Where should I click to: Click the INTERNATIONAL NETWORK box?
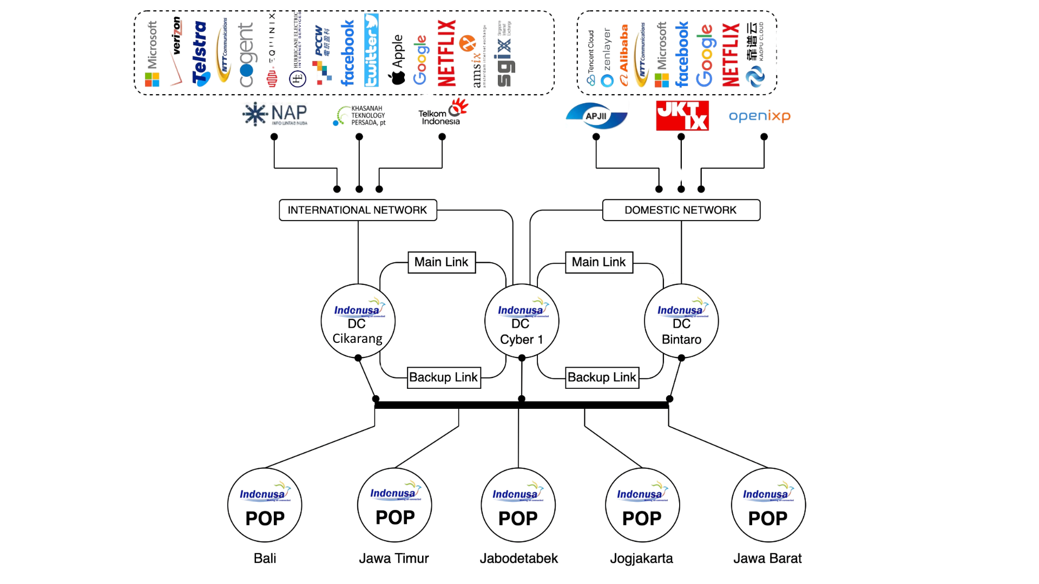point(358,210)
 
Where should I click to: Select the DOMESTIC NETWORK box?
point(681,210)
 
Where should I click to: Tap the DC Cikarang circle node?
point(358,321)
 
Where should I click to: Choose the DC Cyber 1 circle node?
point(521,321)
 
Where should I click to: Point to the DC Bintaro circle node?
point(681,321)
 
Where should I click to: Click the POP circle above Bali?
point(265,505)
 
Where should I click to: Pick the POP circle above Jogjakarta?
point(642,505)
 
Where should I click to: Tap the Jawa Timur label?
point(394,558)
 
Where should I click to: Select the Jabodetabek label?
point(518,558)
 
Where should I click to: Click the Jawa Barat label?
point(767,558)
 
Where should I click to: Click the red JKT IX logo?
point(682,116)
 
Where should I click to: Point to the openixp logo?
point(759,116)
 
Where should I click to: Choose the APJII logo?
point(596,116)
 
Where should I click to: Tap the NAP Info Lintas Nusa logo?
point(275,115)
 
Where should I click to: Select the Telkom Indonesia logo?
point(442,112)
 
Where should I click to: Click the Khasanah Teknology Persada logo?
point(359,116)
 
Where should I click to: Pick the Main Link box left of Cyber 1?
point(442,262)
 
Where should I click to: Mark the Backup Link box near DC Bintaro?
point(602,377)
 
